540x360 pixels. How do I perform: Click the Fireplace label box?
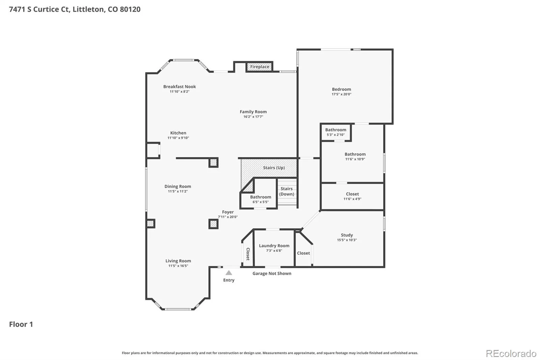(x=260, y=67)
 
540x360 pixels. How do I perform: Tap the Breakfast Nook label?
(x=180, y=86)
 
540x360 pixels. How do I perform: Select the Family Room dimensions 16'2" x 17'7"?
(x=253, y=117)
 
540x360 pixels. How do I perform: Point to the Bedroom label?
(x=341, y=89)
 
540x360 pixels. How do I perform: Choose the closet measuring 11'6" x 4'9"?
(x=352, y=196)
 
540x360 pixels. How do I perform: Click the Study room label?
(x=347, y=235)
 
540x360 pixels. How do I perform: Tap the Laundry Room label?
(x=274, y=246)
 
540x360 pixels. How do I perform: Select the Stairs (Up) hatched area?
(x=269, y=168)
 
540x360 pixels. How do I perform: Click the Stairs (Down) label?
(x=287, y=191)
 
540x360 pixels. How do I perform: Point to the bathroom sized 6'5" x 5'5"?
(x=260, y=199)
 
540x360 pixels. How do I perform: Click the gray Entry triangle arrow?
(x=229, y=273)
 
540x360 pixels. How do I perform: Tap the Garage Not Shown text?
(x=272, y=274)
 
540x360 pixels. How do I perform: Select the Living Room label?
(x=178, y=261)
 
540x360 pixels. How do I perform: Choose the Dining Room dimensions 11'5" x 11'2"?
(x=178, y=191)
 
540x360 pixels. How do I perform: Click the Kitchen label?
(x=178, y=133)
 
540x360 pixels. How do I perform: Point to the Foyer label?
(x=228, y=212)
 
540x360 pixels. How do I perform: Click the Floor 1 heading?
(x=21, y=324)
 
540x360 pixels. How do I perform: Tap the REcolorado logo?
(x=511, y=354)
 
